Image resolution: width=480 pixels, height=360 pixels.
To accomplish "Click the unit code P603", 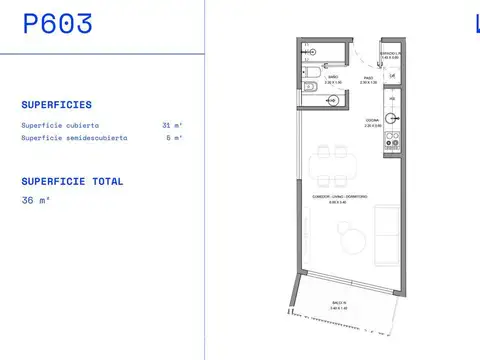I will point(57,25).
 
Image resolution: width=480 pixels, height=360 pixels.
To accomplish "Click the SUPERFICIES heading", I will point(56,104).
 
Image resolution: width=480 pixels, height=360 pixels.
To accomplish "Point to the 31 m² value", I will point(172,125).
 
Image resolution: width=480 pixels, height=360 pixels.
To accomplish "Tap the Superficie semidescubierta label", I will point(74,138).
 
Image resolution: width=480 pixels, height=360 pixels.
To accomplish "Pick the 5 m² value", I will point(174,138).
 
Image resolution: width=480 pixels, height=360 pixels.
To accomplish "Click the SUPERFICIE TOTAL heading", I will point(72,182).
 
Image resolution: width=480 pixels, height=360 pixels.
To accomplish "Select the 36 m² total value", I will point(35,200).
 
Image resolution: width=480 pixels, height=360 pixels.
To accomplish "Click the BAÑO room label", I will point(332,77).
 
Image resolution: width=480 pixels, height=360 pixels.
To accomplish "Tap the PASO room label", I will point(368,77).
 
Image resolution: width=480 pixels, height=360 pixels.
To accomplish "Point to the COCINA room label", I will point(371,120).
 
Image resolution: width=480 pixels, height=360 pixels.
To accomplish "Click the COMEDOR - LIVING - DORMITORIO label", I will point(340,196).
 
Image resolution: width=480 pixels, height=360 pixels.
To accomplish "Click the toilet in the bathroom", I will point(313,71).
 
